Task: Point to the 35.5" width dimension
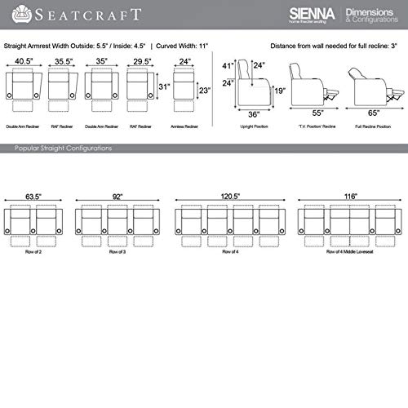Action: pos(60,60)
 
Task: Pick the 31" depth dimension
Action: pos(163,87)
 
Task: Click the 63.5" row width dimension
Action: pos(33,197)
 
